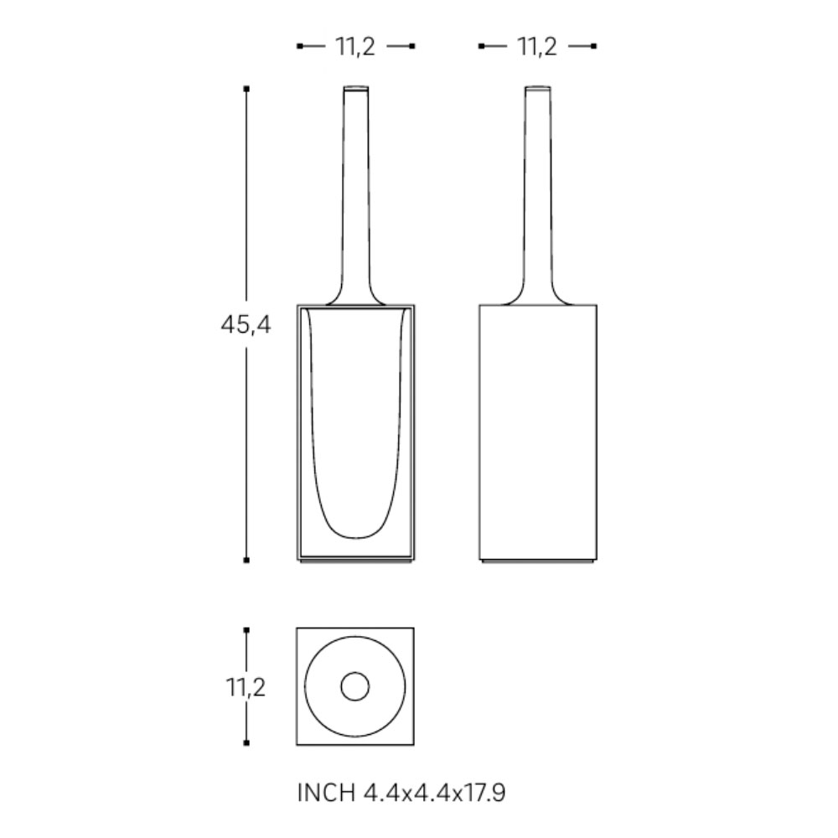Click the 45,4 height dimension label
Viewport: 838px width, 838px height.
246,324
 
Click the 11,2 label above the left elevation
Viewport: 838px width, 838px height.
355,46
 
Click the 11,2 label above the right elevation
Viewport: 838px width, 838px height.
537,46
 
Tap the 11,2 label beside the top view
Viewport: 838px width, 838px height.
246,687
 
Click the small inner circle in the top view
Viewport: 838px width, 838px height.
354,686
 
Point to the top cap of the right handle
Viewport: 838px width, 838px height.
538,88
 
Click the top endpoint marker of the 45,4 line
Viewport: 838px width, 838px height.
246,89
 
